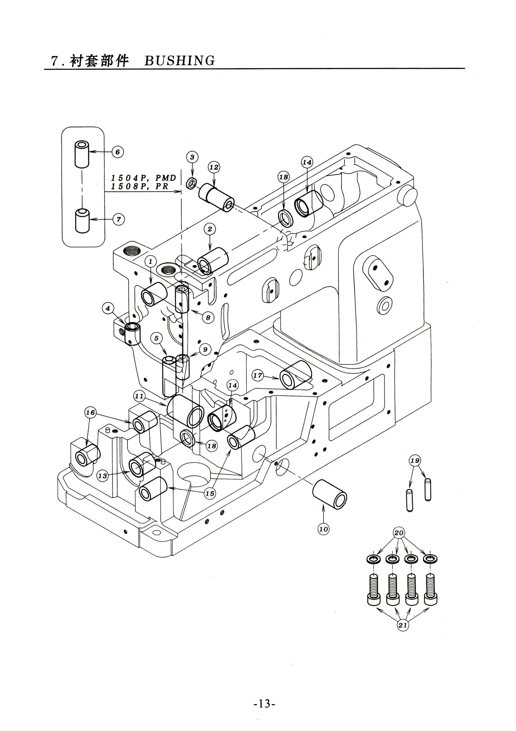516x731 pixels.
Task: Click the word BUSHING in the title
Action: pos(180,60)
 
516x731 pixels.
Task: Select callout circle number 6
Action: pos(117,152)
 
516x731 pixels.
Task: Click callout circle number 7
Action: pos(119,219)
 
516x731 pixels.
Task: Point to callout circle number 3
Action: pos(192,157)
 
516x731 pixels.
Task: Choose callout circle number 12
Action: pos(214,167)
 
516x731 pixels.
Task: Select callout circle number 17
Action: pos(258,375)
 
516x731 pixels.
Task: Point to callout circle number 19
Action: pos(415,460)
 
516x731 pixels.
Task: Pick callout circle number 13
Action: pos(102,476)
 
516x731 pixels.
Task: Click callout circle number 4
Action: pos(108,308)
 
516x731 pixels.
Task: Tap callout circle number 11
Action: pos(139,396)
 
